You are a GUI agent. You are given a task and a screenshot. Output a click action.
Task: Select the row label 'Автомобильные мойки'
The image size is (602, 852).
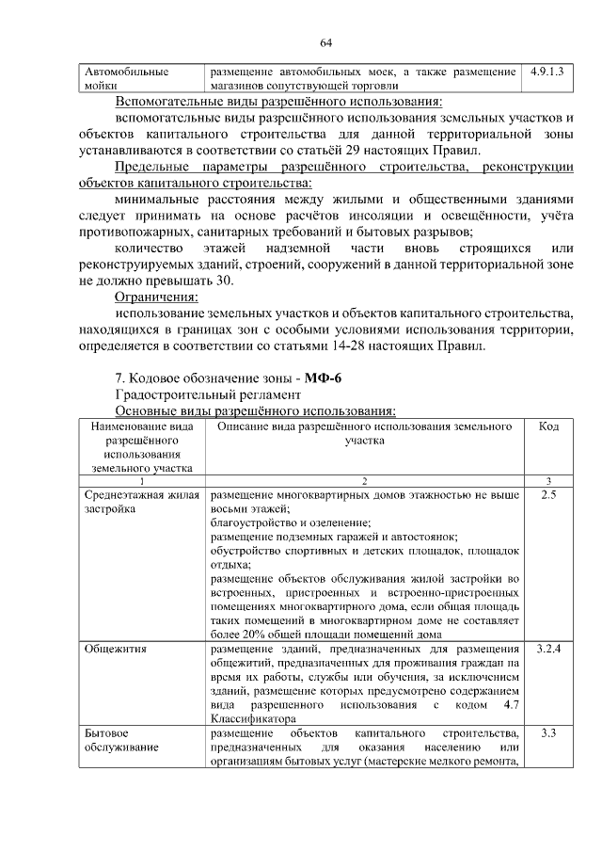pos(126,78)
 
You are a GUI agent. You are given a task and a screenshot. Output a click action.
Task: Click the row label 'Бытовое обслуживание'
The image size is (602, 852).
pos(121,740)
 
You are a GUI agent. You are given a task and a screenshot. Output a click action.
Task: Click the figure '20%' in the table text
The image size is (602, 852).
pos(255,635)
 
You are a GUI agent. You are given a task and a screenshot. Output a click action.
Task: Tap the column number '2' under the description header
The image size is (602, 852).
pos(364,480)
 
